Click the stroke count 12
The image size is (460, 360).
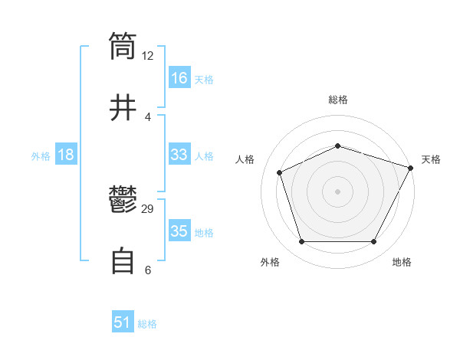[x=148, y=55]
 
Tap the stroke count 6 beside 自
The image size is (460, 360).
[x=148, y=270]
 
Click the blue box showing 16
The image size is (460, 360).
[x=179, y=78]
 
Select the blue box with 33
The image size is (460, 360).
[x=179, y=155]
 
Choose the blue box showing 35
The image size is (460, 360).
[x=179, y=231]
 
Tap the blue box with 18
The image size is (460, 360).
[x=66, y=155]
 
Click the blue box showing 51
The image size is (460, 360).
[x=123, y=322]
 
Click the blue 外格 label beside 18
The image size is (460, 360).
[x=41, y=155]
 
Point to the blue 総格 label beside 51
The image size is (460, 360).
[x=147, y=324]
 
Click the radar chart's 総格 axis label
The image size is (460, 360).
[x=337, y=100]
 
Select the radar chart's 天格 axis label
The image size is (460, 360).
[x=431, y=159]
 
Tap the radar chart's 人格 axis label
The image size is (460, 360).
[x=245, y=159]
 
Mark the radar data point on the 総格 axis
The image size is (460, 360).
[x=337, y=146]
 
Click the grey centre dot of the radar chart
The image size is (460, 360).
[x=337, y=191]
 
